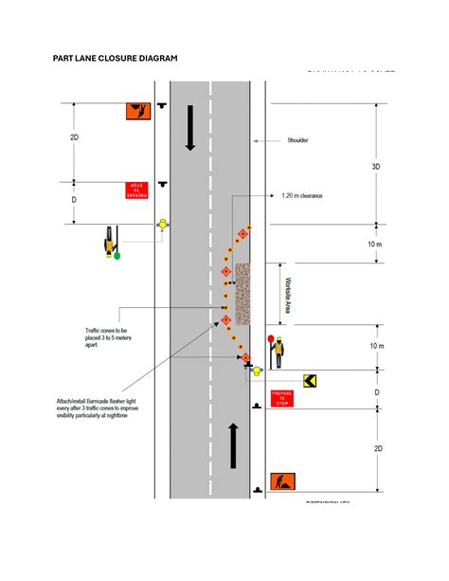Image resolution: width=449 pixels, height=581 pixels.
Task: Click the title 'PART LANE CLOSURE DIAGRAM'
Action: (x=115, y=58)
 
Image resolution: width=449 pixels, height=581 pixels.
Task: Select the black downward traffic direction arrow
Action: (x=190, y=128)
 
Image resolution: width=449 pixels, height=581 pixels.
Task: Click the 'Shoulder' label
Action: (x=297, y=140)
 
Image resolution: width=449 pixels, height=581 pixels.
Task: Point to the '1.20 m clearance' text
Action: (x=302, y=196)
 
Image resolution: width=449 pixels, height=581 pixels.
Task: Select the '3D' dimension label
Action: (x=375, y=166)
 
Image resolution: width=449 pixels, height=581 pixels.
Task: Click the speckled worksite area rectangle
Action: (x=242, y=293)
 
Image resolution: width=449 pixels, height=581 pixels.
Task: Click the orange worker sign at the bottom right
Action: (x=282, y=481)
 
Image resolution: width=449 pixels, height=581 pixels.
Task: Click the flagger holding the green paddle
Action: (x=114, y=242)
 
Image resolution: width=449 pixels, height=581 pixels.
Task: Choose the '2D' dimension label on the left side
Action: (x=75, y=138)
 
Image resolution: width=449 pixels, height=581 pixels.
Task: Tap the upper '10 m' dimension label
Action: (x=375, y=245)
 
